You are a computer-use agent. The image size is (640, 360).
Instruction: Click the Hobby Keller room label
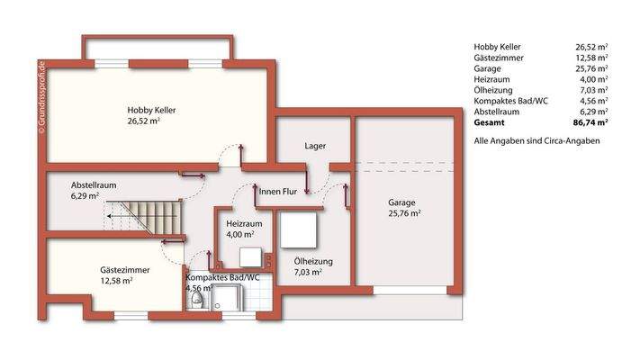tap(150, 110)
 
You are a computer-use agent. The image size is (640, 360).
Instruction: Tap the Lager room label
tap(315, 145)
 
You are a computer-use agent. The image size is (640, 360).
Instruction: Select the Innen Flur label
tap(278, 192)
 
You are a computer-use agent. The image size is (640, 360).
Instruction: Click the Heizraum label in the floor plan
tap(244, 223)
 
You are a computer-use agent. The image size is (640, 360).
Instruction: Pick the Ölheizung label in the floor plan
tap(313, 261)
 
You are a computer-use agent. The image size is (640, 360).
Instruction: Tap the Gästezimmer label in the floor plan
tap(124, 269)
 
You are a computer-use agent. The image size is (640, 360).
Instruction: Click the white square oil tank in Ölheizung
tap(300, 229)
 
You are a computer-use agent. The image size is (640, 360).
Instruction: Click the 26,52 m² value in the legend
tap(591, 46)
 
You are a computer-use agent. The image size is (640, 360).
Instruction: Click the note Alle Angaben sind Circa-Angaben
tap(536, 141)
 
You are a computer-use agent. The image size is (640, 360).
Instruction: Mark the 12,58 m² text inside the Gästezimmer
tap(116, 281)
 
